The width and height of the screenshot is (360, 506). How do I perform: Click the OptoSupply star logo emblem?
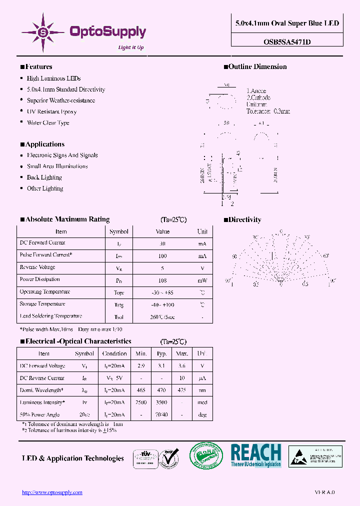(42, 32)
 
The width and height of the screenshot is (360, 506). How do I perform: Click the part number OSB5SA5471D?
(287, 42)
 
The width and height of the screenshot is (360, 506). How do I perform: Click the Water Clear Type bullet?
(48, 122)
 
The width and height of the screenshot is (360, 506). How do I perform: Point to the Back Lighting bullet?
(44, 177)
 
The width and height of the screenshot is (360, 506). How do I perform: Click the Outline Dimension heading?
(257, 67)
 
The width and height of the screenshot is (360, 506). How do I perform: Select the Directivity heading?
(244, 219)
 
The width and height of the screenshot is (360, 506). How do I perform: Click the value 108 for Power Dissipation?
(162, 280)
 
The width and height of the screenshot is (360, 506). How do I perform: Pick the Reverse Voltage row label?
(37, 267)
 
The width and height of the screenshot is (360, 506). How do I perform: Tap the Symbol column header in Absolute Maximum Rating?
(119, 231)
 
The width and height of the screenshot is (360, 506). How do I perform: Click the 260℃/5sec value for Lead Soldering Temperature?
(163, 317)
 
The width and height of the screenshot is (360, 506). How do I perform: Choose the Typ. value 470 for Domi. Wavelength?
(161, 390)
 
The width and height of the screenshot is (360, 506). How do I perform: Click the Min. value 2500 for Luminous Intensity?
(141, 402)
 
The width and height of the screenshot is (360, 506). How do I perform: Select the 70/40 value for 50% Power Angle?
(161, 414)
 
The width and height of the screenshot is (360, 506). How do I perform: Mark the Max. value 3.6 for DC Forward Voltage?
(181, 366)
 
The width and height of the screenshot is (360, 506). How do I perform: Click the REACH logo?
(255, 455)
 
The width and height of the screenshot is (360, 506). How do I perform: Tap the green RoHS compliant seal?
(205, 456)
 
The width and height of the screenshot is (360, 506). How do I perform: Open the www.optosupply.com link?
(52, 492)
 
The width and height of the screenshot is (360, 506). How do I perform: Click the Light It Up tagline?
(130, 47)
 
